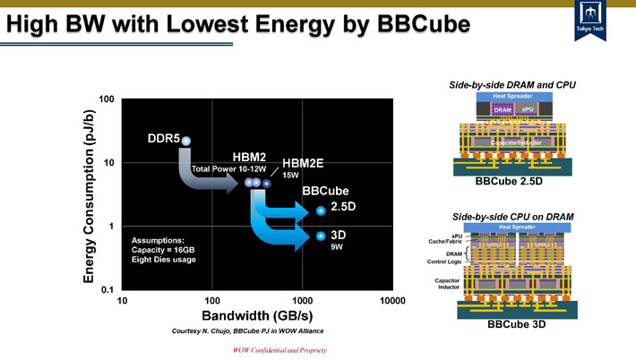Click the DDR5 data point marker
pos(185,141)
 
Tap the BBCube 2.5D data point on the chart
pos(321,210)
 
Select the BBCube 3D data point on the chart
pos(321,236)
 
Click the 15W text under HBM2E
pos(291,176)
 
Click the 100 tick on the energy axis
pos(106,98)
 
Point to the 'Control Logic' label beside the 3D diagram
pos(443,263)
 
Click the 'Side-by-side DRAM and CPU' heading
pos(512,83)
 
